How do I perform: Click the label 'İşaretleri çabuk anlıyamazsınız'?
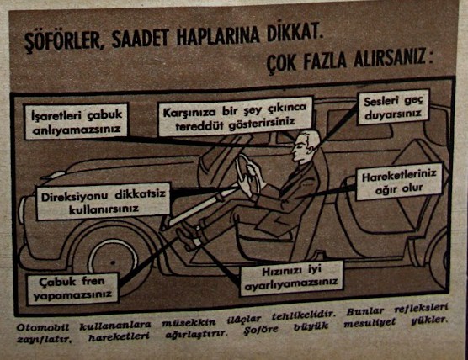(x=77, y=121)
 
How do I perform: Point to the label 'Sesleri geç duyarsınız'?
(x=393, y=107)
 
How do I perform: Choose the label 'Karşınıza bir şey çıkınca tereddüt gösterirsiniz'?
(x=235, y=116)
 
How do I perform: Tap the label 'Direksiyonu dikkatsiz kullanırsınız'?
(x=104, y=201)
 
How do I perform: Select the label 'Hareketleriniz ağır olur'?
(x=399, y=181)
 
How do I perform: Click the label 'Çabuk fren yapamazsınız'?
(x=73, y=289)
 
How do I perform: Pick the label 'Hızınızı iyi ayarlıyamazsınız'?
(x=291, y=278)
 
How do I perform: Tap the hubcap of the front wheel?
(x=113, y=262)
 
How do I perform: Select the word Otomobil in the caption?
(x=42, y=327)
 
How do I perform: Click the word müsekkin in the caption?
(x=189, y=322)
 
